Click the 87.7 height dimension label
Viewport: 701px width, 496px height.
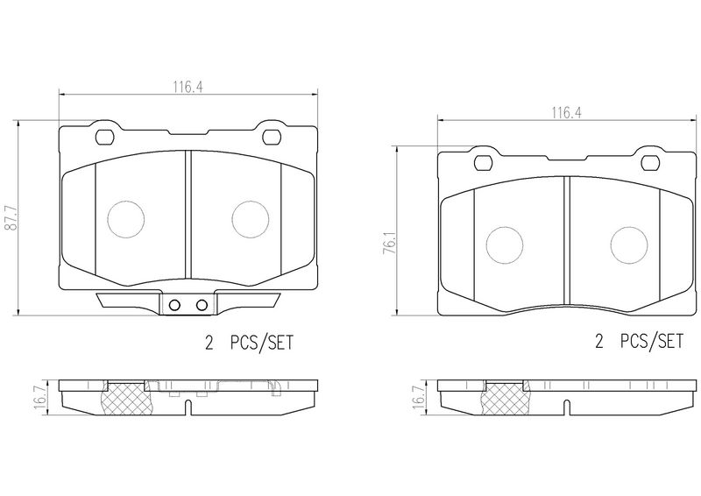(11, 218)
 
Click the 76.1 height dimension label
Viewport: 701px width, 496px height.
(390, 244)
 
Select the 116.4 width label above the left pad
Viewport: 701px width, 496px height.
(188, 87)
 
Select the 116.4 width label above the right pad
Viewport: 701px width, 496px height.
(566, 113)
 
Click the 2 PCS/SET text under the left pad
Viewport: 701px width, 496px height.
(249, 343)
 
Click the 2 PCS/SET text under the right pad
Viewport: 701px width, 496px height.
(640, 342)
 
